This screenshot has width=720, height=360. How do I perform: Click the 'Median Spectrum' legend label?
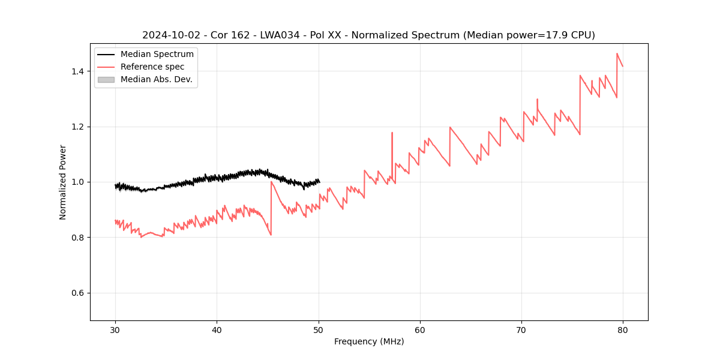(157, 55)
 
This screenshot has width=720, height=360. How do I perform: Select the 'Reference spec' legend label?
(152, 67)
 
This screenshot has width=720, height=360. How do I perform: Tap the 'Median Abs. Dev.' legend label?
(156, 79)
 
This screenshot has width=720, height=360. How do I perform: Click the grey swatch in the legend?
(106, 79)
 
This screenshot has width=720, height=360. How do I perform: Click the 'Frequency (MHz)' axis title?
(369, 341)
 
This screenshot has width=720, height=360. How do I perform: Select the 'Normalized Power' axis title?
(63, 182)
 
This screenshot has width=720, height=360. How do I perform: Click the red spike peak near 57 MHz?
(392, 133)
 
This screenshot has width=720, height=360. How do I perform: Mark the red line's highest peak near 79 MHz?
(617, 53)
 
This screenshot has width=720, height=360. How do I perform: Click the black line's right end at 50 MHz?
(319, 181)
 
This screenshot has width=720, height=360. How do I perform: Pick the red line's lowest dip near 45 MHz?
(271, 235)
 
